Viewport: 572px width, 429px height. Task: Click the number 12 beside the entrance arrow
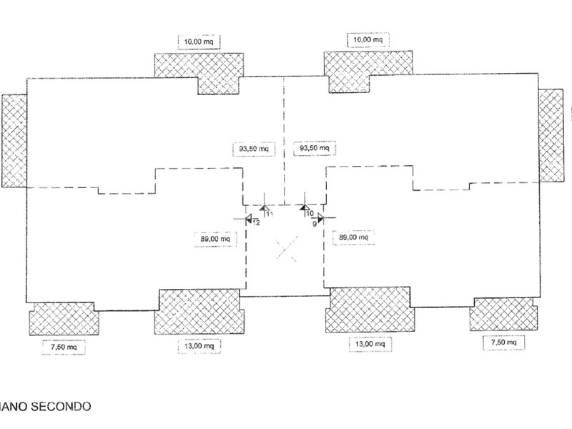[256, 222]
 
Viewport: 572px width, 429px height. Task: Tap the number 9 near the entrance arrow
[314, 222]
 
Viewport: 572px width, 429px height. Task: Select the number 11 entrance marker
[270, 213]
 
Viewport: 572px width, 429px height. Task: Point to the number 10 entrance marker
[310, 213]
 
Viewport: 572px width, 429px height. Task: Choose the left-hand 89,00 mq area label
[214, 237]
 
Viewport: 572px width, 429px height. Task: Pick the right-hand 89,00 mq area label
[354, 237]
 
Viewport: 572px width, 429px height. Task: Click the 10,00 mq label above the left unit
[198, 41]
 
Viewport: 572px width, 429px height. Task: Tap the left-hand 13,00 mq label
[199, 345]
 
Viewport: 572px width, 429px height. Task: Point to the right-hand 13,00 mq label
[368, 345]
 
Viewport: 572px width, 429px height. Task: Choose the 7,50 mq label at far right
[503, 343]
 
